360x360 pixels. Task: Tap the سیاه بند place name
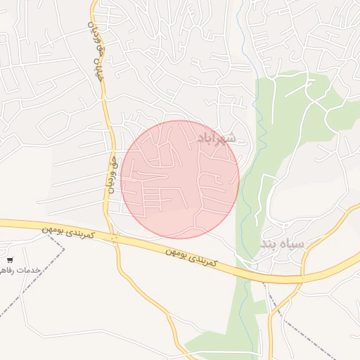283,244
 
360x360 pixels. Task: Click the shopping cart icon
10,260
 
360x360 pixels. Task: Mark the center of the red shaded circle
180,179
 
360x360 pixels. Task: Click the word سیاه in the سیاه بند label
292,244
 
